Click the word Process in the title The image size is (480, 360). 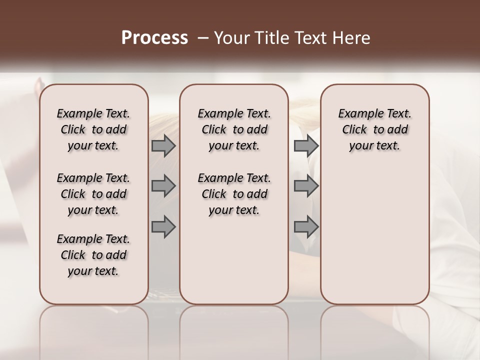coord(154,38)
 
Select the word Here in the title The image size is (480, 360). coord(352,38)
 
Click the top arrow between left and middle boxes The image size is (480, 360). coord(163,146)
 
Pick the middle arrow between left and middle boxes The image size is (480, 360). coord(163,186)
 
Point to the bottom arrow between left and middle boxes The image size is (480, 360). coord(163,227)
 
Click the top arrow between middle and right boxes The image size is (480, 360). coord(306,146)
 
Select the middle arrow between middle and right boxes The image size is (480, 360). coord(306,186)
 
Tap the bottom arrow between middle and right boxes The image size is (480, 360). coord(306,227)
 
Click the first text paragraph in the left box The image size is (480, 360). coord(93,129)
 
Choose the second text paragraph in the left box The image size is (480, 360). coord(93,194)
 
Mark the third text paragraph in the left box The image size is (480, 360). coord(93,255)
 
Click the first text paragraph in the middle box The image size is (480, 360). coord(234,129)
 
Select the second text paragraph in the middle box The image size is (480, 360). coord(234,194)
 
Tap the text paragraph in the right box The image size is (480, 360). coord(375,129)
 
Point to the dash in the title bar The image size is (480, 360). coord(202,38)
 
